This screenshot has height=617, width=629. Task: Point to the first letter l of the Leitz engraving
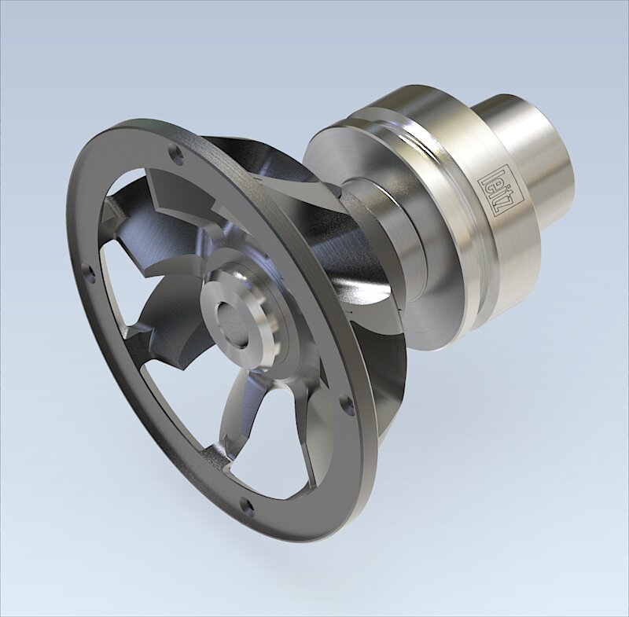[x=486, y=167]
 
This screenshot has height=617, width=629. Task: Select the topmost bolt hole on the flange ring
[x=177, y=156]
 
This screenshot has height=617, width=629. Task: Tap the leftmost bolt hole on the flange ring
[x=88, y=274]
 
